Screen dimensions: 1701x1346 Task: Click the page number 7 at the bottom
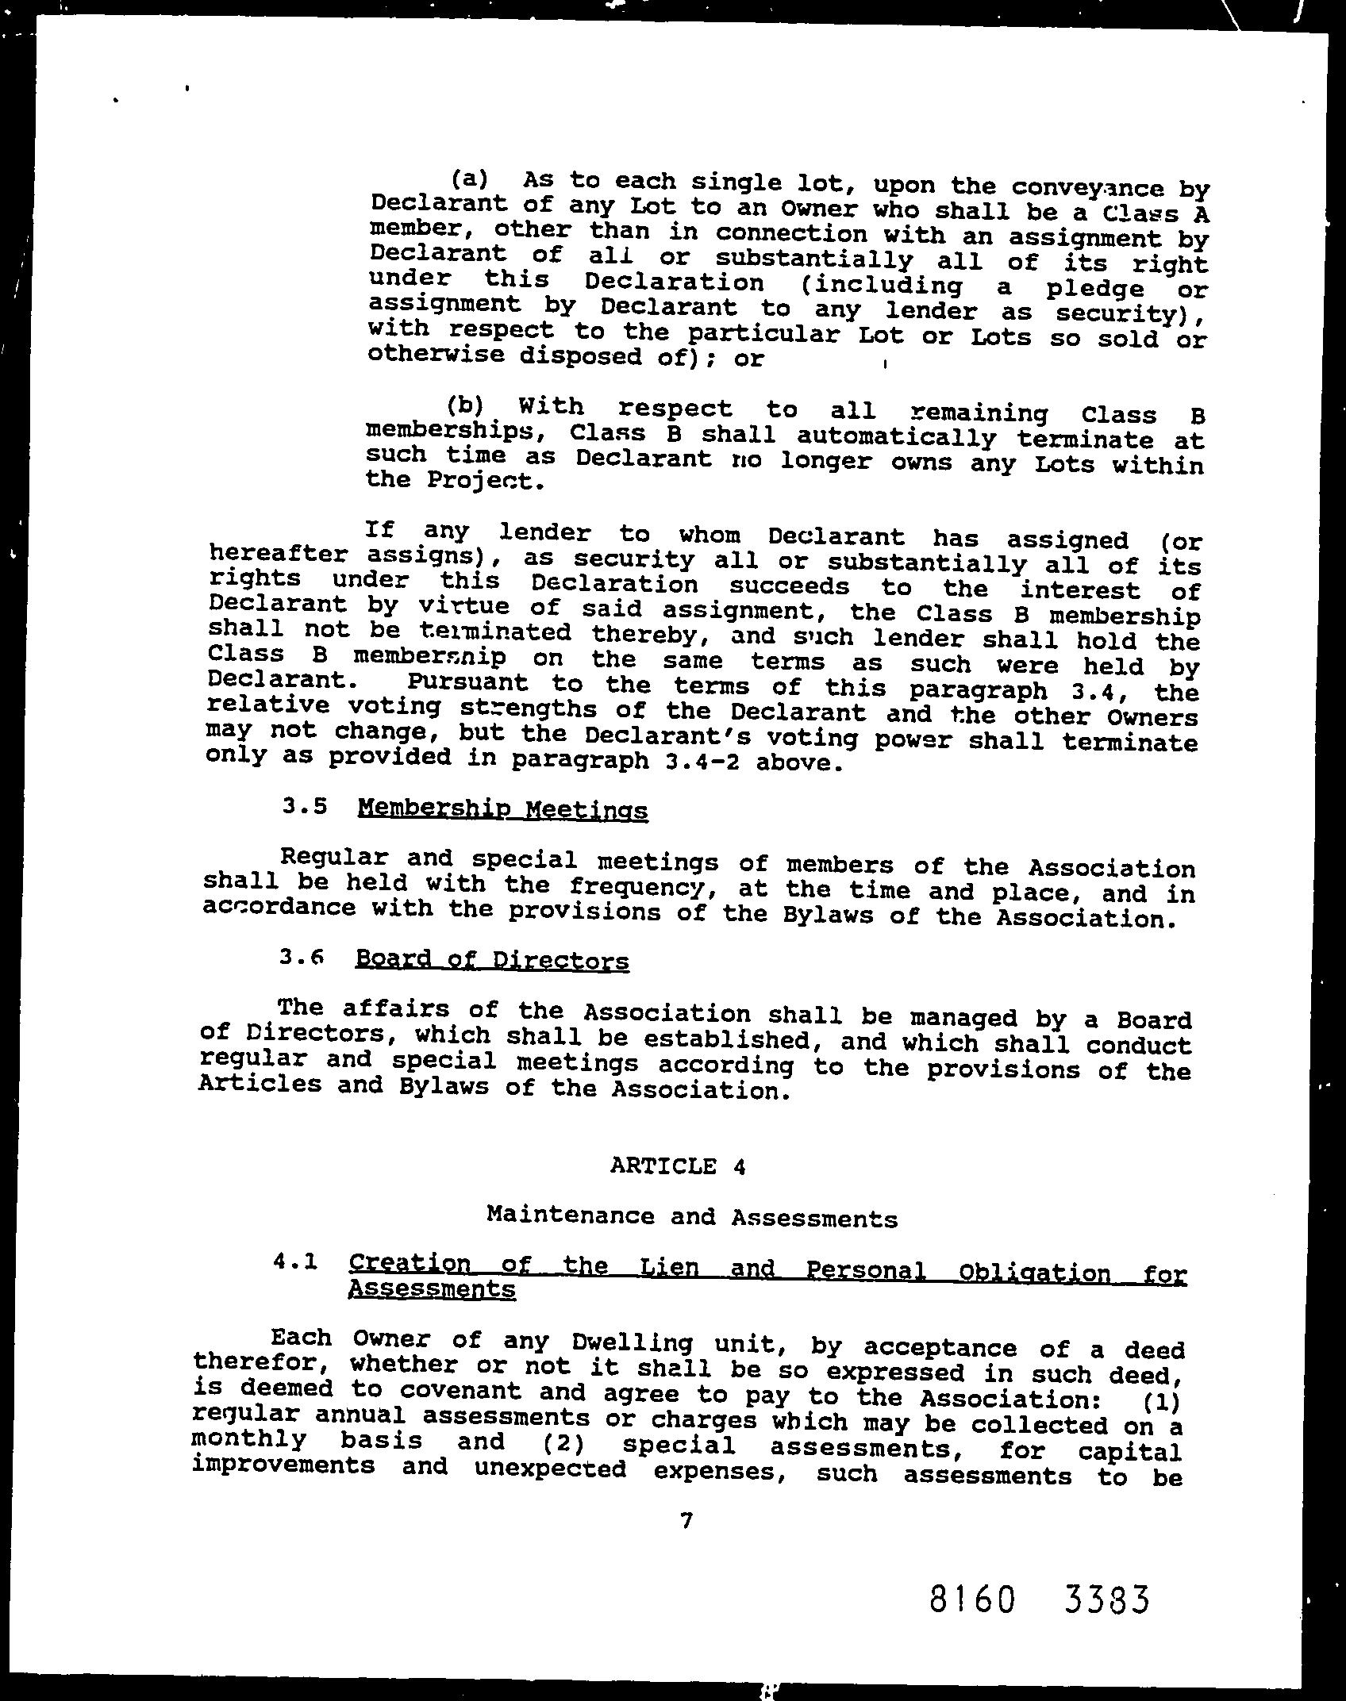686,1520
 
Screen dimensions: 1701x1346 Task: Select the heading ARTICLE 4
679,1166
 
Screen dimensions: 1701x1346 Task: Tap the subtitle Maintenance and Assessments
691,1217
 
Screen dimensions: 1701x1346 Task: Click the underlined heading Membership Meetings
502,809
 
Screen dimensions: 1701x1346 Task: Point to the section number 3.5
304,806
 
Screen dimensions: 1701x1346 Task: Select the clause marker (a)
469,177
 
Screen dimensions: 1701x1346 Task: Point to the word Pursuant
467,682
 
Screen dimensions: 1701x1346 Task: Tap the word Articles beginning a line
260,1084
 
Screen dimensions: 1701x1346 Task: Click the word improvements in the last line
283,1465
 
